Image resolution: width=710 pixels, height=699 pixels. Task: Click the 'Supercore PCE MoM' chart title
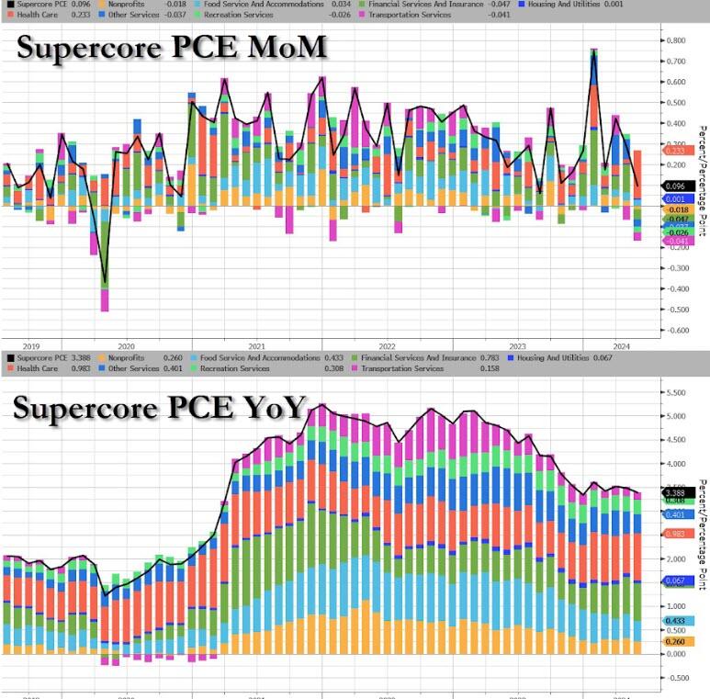click(x=171, y=49)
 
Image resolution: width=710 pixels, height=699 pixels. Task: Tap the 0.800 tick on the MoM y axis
click(x=677, y=40)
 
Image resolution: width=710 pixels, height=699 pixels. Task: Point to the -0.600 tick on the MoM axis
click(x=677, y=331)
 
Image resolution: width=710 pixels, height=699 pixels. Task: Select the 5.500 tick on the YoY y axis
click(x=677, y=392)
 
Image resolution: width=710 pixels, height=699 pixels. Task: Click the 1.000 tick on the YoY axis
click(x=677, y=606)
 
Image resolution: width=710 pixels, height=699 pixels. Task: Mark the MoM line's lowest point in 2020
click(x=104, y=282)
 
